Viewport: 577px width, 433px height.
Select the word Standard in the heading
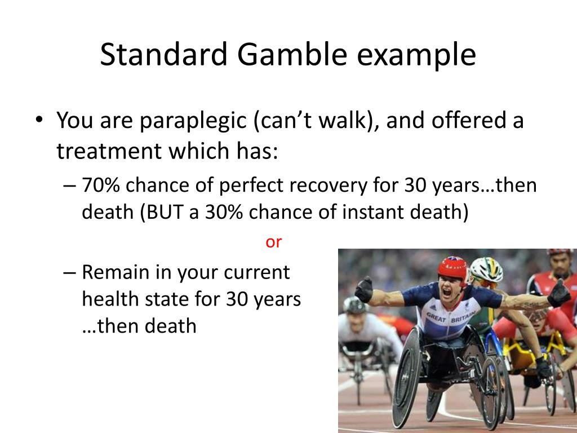pyautogui.click(x=165, y=55)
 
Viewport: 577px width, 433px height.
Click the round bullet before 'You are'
pyautogui.click(x=38, y=121)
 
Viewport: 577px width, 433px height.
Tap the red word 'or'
pyautogui.click(x=273, y=242)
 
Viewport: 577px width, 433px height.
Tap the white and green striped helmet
pyautogui.click(x=487, y=269)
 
